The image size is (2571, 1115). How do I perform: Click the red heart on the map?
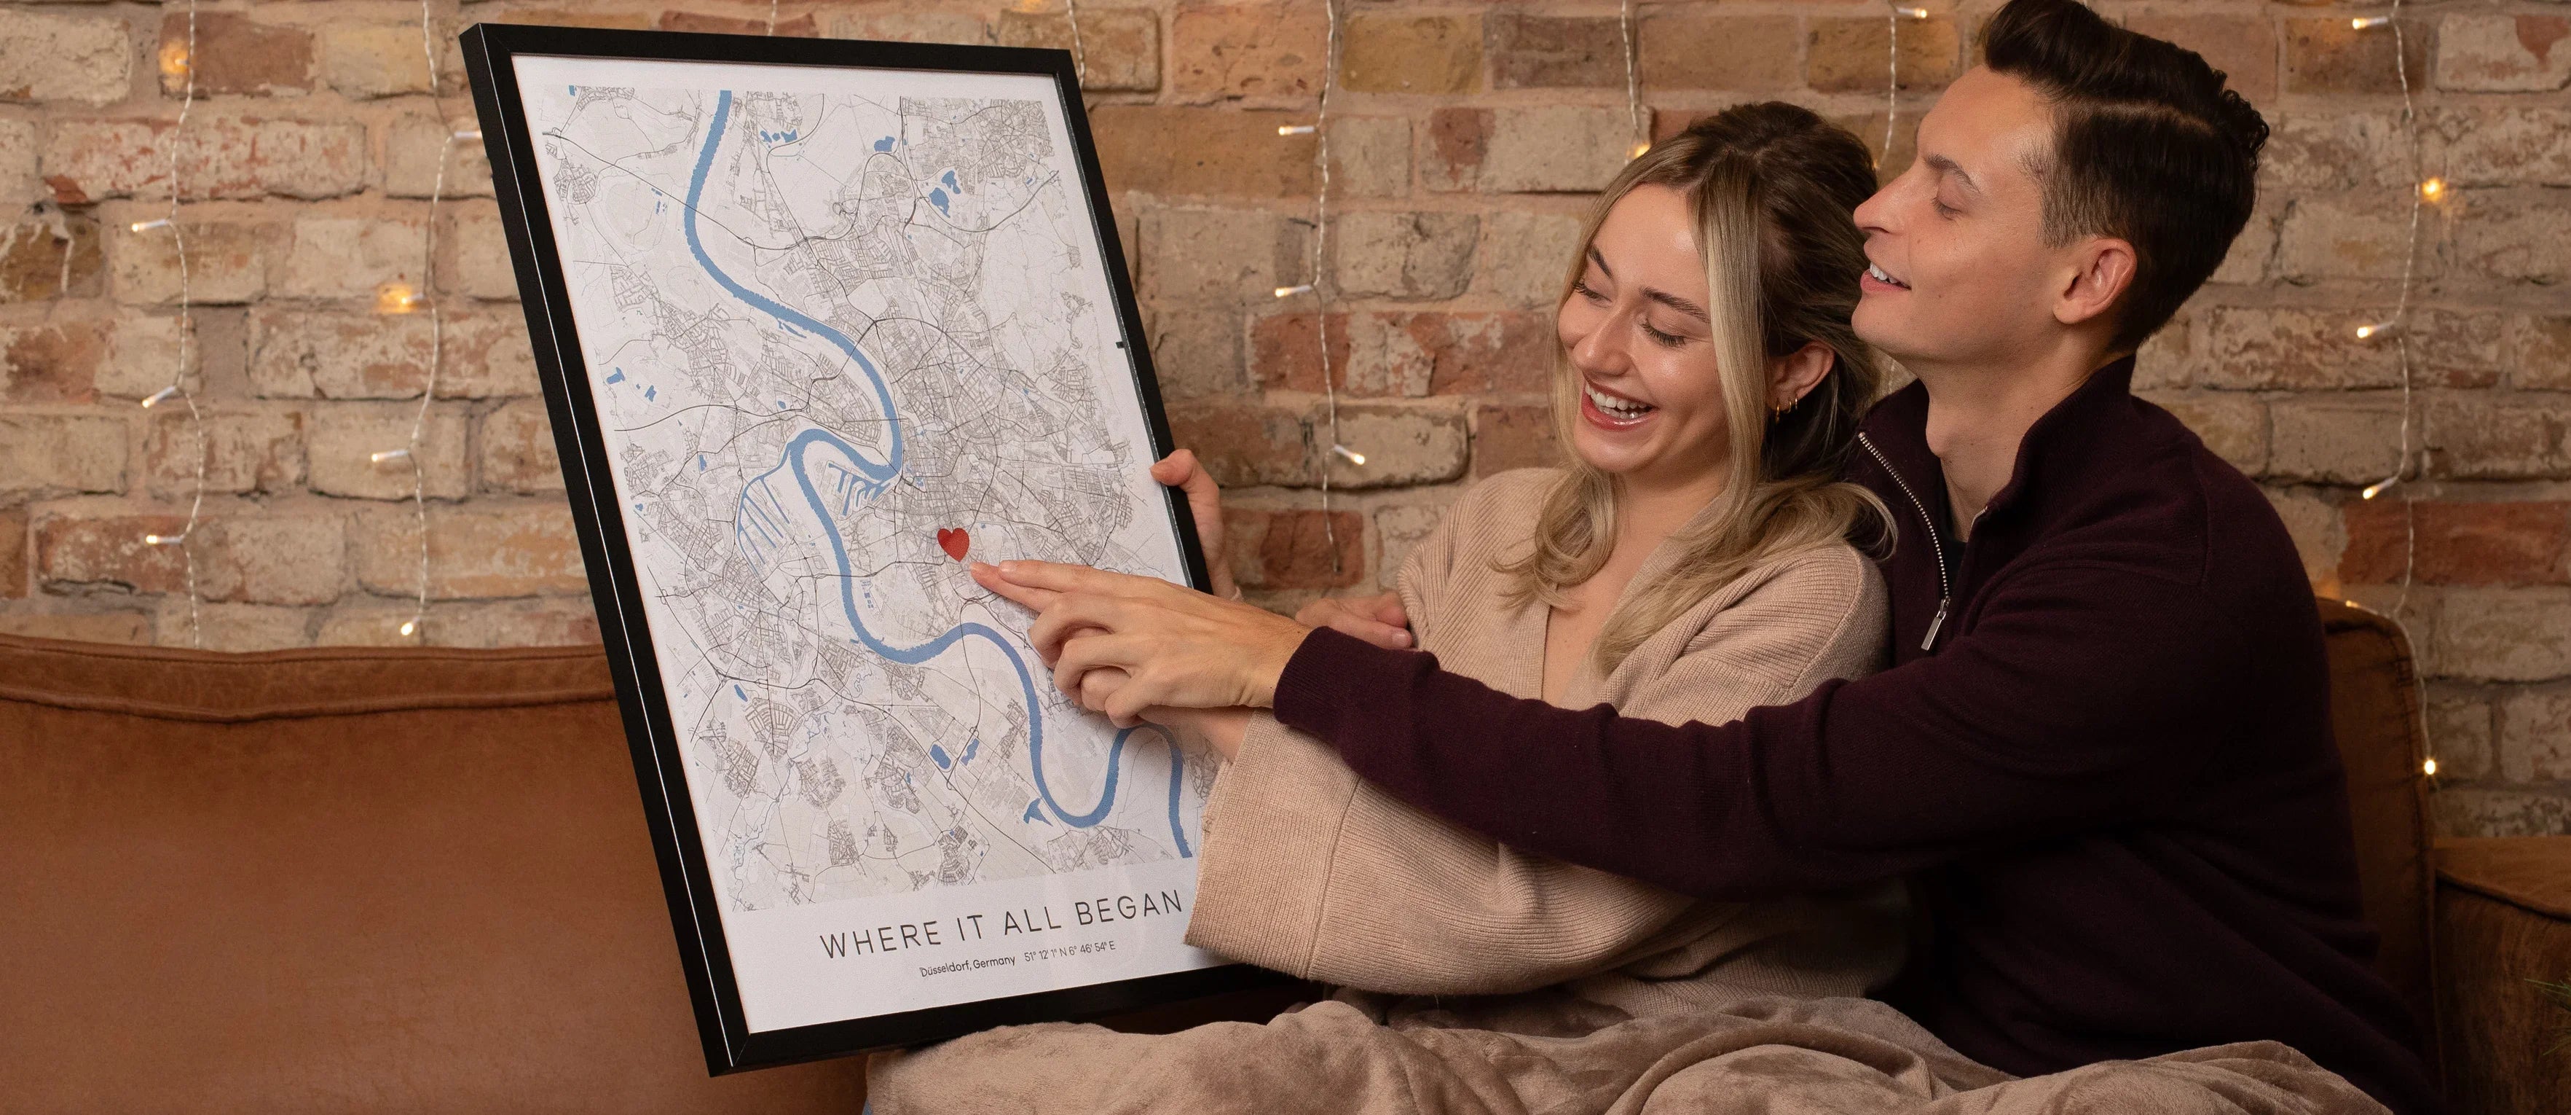point(953,543)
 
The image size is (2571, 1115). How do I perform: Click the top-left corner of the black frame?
point(471,36)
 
